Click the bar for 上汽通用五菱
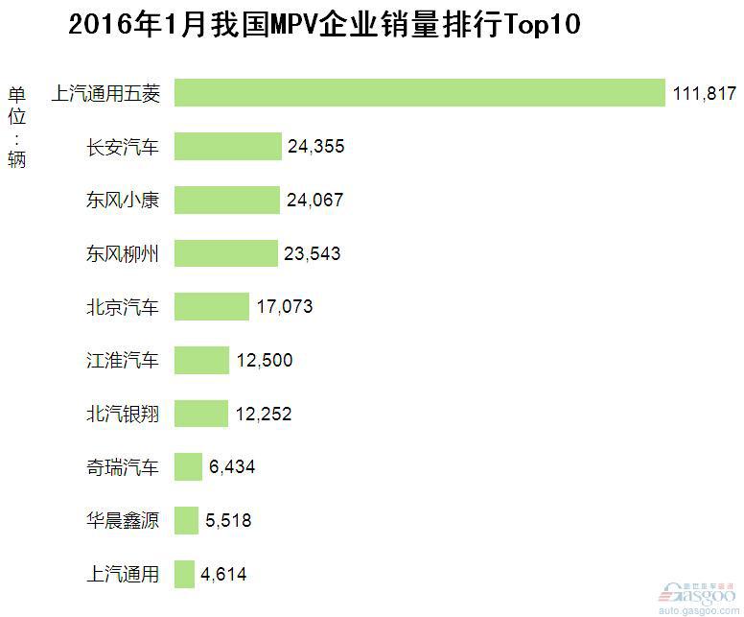point(420,93)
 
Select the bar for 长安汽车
point(227,147)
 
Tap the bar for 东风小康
point(226,201)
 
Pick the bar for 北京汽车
point(211,307)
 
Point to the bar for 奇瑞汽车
point(188,467)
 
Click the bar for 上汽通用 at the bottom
point(184,575)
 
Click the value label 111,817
point(704,93)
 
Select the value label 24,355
point(315,147)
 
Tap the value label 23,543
point(313,254)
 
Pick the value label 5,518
point(228,521)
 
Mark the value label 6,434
point(232,467)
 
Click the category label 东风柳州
point(123,254)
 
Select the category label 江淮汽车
point(123,361)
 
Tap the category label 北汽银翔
point(123,415)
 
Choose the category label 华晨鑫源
point(123,521)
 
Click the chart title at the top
point(325,24)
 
